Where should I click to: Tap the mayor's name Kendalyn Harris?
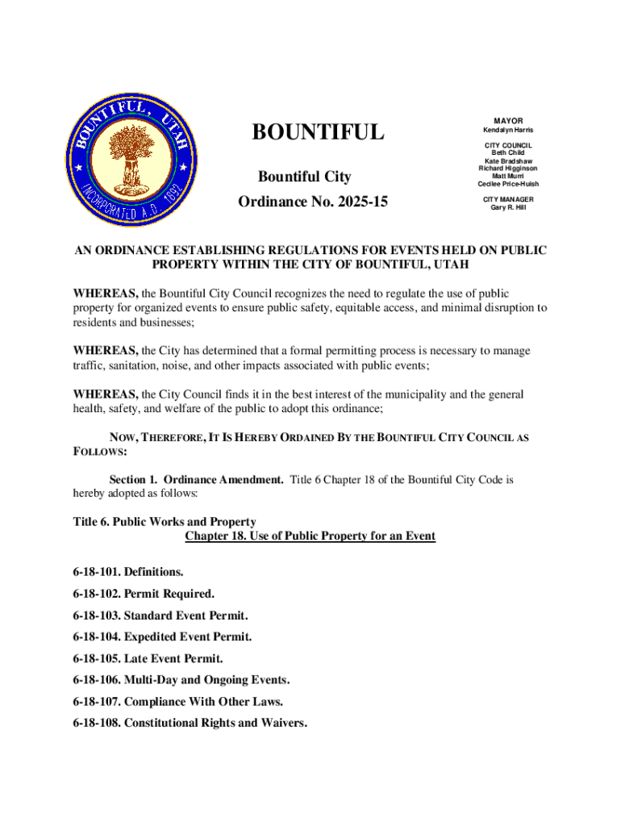(x=508, y=131)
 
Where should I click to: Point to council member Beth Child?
(x=508, y=152)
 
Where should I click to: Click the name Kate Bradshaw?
(x=508, y=161)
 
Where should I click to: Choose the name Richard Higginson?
(x=508, y=169)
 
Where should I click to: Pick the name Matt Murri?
(x=508, y=176)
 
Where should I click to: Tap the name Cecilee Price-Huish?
(x=508, y=184)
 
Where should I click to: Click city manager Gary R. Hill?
(x=508, y=207)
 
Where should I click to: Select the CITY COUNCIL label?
(x=508, y=145)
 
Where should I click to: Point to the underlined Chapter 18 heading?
(x=310, y=536)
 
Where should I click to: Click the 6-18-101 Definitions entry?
(x=128, y=573)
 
